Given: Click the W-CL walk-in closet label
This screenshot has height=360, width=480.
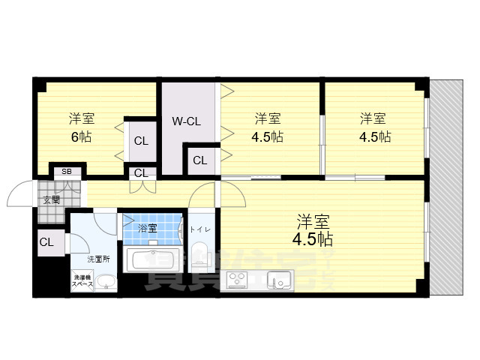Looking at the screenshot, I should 185,121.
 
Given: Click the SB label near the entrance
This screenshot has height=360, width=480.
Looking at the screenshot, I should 67,172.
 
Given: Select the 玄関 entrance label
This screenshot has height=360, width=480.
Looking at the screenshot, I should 51,199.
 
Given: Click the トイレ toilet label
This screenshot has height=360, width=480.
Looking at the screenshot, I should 199,229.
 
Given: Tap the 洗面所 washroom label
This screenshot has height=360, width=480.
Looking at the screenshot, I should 98,259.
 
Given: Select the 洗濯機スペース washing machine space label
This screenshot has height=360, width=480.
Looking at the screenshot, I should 82,280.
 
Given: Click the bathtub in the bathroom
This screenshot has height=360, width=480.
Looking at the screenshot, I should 153,261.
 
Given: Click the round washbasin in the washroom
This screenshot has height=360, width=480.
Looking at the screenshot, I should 106,283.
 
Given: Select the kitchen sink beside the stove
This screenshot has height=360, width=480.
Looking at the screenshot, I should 280,281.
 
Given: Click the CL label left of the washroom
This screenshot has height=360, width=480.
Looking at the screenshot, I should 46,242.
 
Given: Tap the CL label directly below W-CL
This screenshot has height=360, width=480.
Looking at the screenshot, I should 200,160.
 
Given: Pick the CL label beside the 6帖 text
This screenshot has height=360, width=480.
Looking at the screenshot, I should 141,141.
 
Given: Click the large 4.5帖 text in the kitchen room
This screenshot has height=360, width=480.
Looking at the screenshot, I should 313,240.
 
